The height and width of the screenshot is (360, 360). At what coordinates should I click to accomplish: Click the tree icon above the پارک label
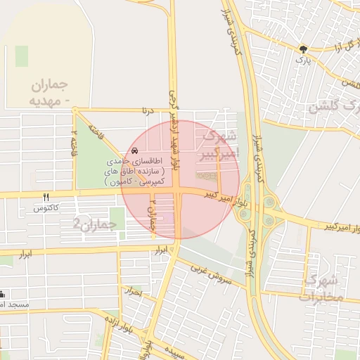pyautogui.click(x=303, y=50)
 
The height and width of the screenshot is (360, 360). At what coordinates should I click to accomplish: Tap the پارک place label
pyautogui.click(x=303, y=61)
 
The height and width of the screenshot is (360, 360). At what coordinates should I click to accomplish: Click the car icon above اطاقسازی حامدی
pyautogui.click(x=134, y=152)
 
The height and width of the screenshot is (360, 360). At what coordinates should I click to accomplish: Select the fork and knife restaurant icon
pyautogui.click(x=46, y=198)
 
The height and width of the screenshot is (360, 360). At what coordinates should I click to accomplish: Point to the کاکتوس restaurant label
pyautogui.click(x=46, y=209)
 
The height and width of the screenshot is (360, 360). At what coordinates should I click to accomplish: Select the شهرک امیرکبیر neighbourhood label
pyautogui.click(x=219, y=143)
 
